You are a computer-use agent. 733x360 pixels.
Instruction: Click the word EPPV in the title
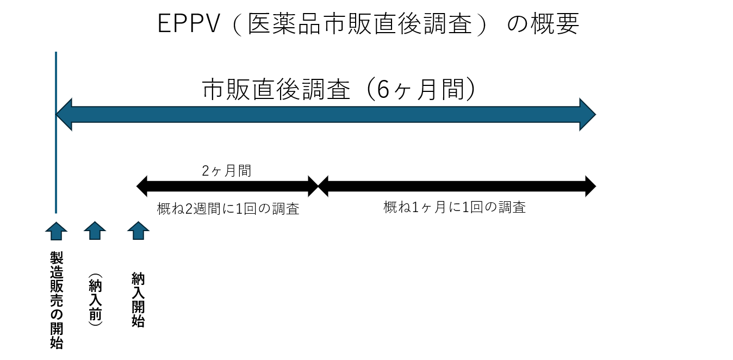pyautogui.click(x=189, y=24)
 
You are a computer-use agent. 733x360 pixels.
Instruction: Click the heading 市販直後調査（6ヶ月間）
pyautogui.click(x=339, y=89)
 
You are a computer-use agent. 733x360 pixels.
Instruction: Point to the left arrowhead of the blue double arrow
pyautogui.click(x=64, y=115)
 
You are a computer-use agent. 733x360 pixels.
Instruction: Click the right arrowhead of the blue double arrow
pyautogui.click(x=587, y=115)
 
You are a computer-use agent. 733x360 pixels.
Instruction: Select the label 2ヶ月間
pyautogui.click(x=226, y=170)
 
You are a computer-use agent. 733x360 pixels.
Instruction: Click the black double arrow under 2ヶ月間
pyautogui.click(x=227, y=187)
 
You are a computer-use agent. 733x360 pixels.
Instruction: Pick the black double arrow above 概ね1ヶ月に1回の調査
pyautogui.click(x=457, y=187)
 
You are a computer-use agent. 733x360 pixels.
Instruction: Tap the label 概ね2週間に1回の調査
pyautogui.click(x=228, y=209)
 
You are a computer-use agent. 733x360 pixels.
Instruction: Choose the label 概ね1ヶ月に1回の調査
pyautogui.click(x=454, y=207)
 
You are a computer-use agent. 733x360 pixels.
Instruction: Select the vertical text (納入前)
pyautogui.click(x=95, y=299)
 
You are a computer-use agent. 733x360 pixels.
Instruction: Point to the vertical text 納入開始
pyautogui.click(x=138, y=300)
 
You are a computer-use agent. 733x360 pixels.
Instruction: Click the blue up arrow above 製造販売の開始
pyautogui.click(x=56, y=231)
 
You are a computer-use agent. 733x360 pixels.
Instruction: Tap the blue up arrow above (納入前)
pyautogui.click(x=95, y=231)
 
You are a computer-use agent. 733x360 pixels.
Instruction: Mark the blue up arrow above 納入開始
pyautogui.click(x=138, y=231)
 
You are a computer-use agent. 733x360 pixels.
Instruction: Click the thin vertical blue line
pyautogui.click(x=56, y=163)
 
